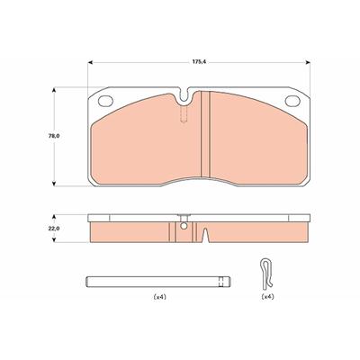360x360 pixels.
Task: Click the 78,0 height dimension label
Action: [54, 136]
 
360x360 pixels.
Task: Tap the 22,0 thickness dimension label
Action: [54, 229]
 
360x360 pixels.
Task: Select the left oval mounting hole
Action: [105, 101]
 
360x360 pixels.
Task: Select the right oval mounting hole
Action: [292, 101]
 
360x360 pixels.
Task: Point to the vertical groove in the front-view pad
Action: [206, 134]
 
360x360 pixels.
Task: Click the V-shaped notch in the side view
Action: [205, 235]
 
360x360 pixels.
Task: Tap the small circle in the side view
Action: [184, 226]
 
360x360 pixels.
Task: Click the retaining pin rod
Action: [158, 282]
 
